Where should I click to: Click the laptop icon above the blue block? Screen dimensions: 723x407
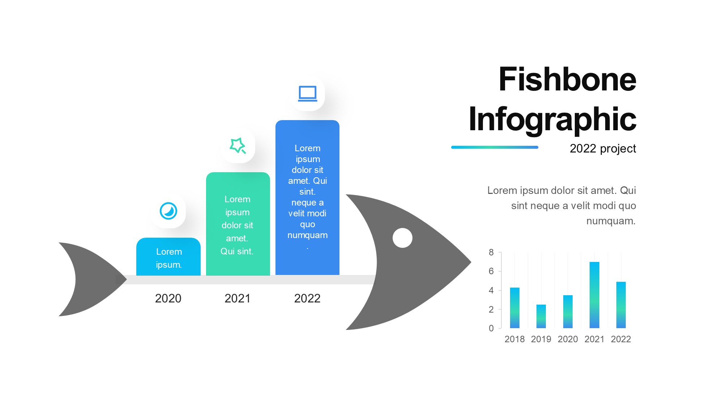coord(308,94)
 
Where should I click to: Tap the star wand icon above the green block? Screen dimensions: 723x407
coord(238,145)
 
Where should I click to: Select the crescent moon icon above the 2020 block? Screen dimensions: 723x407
coord(168,211)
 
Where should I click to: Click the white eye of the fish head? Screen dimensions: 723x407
coord(402,238)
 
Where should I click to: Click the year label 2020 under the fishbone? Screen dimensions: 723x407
coord(168,298)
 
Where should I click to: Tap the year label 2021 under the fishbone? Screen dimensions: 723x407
coord(238,298)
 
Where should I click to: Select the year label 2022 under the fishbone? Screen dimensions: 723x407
coord(307,298)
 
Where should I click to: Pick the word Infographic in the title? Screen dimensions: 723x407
coord(552,120)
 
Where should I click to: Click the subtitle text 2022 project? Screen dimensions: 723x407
coord(603,148)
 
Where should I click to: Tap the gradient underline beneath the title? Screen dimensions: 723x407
coord(495,147)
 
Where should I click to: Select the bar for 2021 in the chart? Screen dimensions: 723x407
coord(594,295)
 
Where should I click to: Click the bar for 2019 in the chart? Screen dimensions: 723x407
coord(541,316)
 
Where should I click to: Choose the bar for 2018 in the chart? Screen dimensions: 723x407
coord(515,308)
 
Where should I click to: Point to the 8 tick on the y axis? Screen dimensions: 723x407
coord(491,252)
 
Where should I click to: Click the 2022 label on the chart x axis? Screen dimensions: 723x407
coord(621,339)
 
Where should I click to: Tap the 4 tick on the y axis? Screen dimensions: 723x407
coord(491,290)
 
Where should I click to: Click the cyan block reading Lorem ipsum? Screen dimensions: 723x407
coord(168,257)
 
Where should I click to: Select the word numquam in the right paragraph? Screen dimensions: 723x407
coord(610,221)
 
